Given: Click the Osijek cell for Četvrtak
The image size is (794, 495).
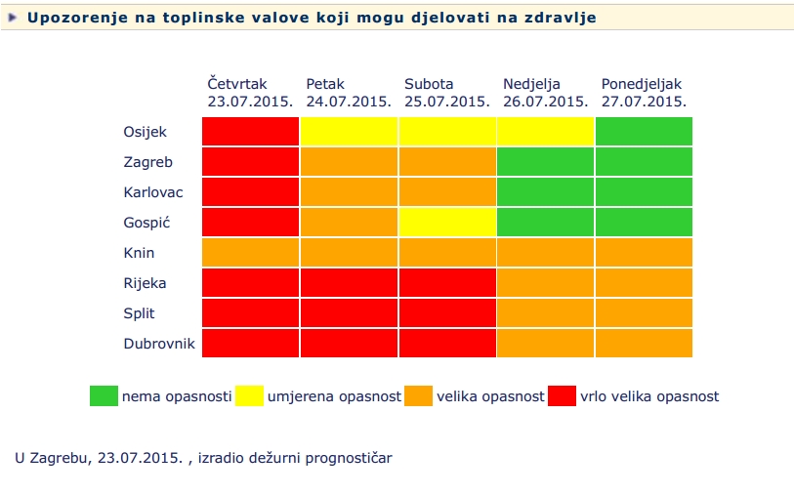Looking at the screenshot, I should [x=250, y=131].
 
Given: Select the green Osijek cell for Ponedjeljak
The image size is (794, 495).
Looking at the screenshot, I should [x=644, y=131].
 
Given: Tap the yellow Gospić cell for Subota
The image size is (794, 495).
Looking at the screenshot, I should [x=447, y=222].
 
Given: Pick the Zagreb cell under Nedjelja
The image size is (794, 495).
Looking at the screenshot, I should [x=546, y=161].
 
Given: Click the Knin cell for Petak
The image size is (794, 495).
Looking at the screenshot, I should [x=349, y=252].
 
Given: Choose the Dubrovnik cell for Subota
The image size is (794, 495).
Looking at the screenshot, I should [x=447, y=343].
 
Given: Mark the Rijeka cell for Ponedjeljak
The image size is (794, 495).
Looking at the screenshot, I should [x=644, y=282].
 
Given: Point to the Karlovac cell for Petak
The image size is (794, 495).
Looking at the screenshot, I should [x=349, y=191].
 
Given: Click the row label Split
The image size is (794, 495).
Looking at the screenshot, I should [x=140, y=313].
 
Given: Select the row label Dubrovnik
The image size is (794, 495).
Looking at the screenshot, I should [x=159, y=344].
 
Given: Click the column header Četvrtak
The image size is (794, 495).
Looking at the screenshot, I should [x=236, y=85].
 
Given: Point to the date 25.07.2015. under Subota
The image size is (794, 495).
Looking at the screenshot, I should [x=446, y=101].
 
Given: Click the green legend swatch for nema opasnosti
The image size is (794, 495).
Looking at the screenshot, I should [x=104, y=395].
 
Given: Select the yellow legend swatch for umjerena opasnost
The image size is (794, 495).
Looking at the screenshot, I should [x=248, y=395].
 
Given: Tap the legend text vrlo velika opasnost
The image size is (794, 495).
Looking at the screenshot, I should [x=649, y=396].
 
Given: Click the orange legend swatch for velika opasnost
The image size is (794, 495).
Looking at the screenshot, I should [x=419, y=395].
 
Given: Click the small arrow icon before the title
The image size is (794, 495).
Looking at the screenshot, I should [x=13, y=18].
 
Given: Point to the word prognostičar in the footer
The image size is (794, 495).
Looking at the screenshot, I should [x=348, y=457].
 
